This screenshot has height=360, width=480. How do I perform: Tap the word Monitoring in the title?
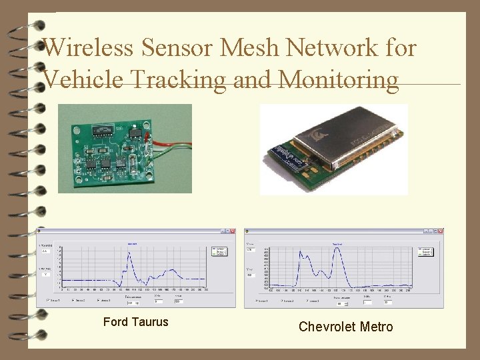click(x=339, y=79)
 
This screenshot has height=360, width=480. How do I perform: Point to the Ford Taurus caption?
click(x=136, y=322)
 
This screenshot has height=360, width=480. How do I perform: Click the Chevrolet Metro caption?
click(x=345, y=327)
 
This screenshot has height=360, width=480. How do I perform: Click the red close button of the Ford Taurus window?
click(x=232, y=231)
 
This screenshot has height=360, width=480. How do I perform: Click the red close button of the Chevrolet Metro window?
click(x=441, y=231)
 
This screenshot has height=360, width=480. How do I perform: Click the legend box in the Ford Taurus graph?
click(x=219, y=251)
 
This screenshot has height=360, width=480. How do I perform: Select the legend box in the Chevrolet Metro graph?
click(x=425, y=251)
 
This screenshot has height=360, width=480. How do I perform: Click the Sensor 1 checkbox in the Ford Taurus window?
click(x=47, y=300)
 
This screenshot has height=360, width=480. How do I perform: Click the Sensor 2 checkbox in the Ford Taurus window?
click(x=72, y=300)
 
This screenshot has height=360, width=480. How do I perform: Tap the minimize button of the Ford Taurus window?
click(x=221, y=231)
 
